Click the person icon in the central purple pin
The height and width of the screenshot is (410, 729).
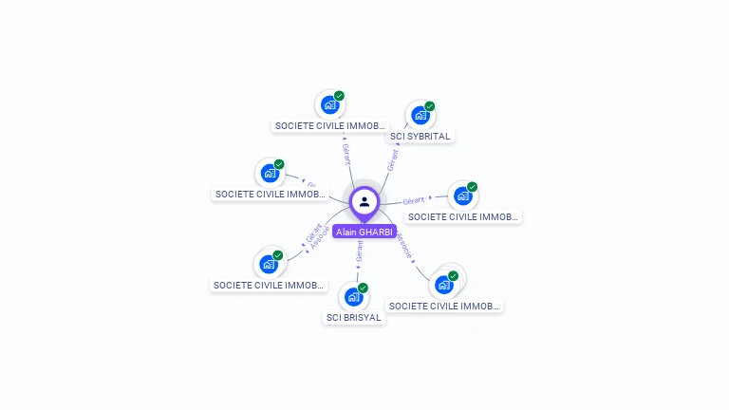(364, 201)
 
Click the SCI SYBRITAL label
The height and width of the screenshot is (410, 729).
(421, 136)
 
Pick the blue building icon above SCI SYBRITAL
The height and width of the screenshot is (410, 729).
(420, 116)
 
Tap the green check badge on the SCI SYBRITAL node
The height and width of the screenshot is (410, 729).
(430, 106)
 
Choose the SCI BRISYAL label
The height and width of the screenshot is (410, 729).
(354, 318)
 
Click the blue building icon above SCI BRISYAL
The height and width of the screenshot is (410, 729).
(353, 296)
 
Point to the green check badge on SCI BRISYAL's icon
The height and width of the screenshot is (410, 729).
(363, 288)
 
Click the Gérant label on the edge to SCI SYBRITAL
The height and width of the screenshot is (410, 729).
(392, 158)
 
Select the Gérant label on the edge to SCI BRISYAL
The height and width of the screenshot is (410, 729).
(360, 251)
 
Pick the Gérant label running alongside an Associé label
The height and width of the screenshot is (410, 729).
(313, 231)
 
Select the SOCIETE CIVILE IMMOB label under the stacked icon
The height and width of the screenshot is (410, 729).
(444, 306)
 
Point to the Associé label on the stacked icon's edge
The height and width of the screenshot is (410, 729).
(405, 247)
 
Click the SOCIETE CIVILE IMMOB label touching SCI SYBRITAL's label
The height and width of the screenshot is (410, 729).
(330, 125)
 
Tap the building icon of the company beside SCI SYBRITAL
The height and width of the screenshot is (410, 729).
(329, 104)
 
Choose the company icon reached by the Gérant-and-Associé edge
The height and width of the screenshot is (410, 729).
(270, 264)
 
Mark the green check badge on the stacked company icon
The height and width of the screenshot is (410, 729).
(454, 276)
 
